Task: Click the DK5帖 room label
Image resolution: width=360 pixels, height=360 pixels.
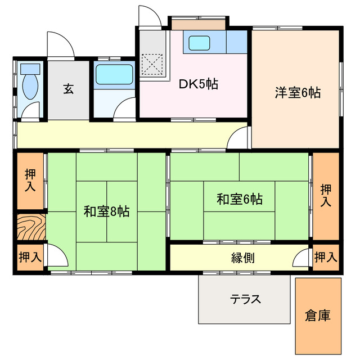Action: point(199,85)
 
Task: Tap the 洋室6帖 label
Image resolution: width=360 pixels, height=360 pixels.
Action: point(298,93)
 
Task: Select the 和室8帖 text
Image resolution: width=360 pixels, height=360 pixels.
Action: point(106,211)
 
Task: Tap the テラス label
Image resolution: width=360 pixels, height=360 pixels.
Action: point(245,299)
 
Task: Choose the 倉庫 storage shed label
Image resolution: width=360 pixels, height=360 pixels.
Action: point(318,316)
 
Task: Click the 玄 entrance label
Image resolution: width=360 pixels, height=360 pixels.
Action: point(68,89)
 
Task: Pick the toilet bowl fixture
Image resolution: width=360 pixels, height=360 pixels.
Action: point(30,87)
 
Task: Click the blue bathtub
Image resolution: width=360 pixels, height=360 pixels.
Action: point(114,74)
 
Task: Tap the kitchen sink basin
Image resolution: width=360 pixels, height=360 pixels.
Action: point(199,42)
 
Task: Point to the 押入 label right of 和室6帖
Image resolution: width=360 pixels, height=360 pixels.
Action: point(326,195)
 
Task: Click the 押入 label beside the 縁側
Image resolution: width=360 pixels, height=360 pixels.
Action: point(326,258)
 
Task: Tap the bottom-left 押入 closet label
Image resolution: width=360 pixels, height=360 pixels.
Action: point(30,258)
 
